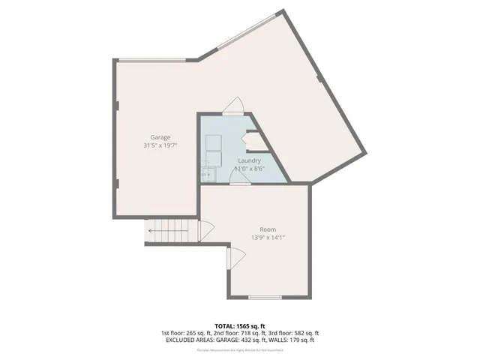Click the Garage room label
[160, 137]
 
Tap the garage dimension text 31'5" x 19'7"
[160, 145]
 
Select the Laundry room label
[249, 160]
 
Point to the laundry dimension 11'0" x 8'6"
[249, 169]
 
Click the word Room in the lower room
[268, 229]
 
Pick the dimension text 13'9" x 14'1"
[268, 238]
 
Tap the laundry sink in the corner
[208, 174]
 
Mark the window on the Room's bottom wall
[264, 298]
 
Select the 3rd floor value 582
[302, 333]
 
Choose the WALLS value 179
[300, 340]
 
